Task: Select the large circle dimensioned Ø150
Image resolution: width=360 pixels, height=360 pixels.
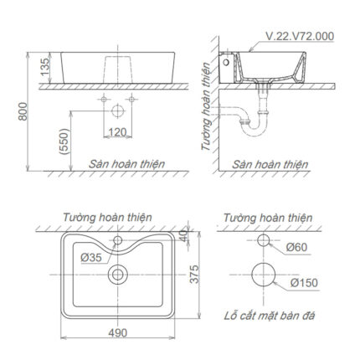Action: [x=264, y=275]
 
